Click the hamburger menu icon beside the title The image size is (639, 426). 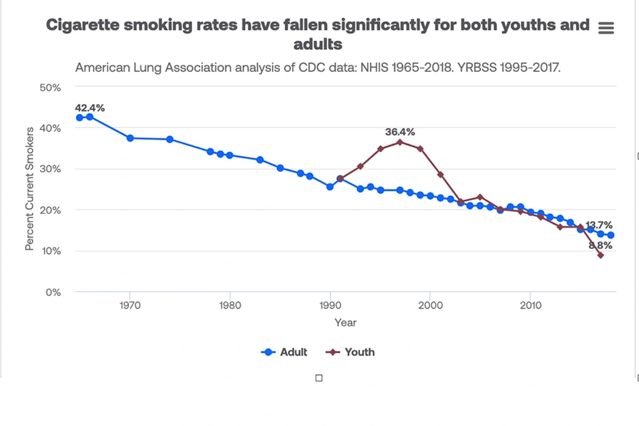coord(606,28)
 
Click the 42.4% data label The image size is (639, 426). coord(90,108)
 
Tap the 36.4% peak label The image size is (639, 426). coord(400,132)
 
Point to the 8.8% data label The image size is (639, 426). coord(600,245)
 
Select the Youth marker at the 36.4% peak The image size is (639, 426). coord(400,142)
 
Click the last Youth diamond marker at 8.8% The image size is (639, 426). coord(601,255)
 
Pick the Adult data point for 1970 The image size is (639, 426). coord(130,138)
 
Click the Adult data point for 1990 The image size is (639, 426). coord(330,187)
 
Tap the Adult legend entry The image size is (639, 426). coord(285,352)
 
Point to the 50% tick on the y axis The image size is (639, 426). coord(50,88)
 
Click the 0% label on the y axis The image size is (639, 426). coord(53,292)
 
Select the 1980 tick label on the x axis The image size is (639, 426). coord(230,306)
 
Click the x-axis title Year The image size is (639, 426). coord(345,323)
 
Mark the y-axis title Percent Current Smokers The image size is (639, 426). coord(29,189)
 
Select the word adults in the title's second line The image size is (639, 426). coord(318,44)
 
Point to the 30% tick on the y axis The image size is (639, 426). coord(50,169)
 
